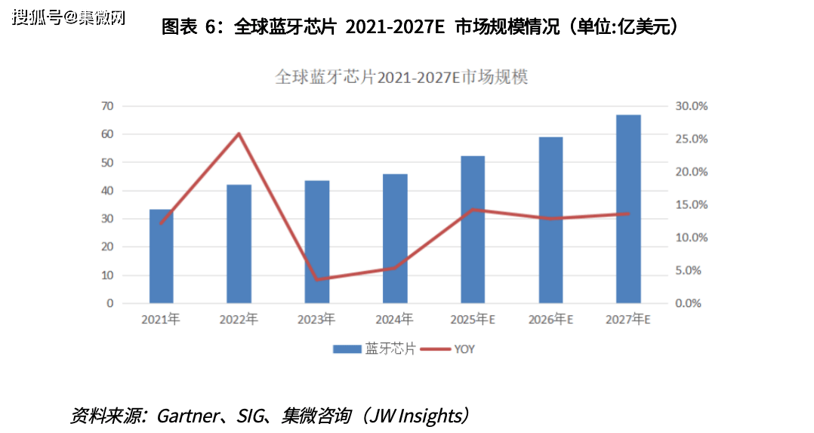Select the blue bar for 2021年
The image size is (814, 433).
(161, 256)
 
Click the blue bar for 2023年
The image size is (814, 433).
(316, 241)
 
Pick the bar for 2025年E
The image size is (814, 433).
(472, 230)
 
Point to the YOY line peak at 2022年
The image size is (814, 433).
(239, 134)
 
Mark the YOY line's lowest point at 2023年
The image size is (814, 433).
(316, 279)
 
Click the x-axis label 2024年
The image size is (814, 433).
(394, 319)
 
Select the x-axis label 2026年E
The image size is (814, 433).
(551, 319)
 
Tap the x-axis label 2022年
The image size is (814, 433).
(239, 319)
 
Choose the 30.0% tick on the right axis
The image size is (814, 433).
(690, 106)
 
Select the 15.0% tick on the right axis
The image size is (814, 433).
(690, 204)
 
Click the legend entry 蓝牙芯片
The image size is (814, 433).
(375, 349)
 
